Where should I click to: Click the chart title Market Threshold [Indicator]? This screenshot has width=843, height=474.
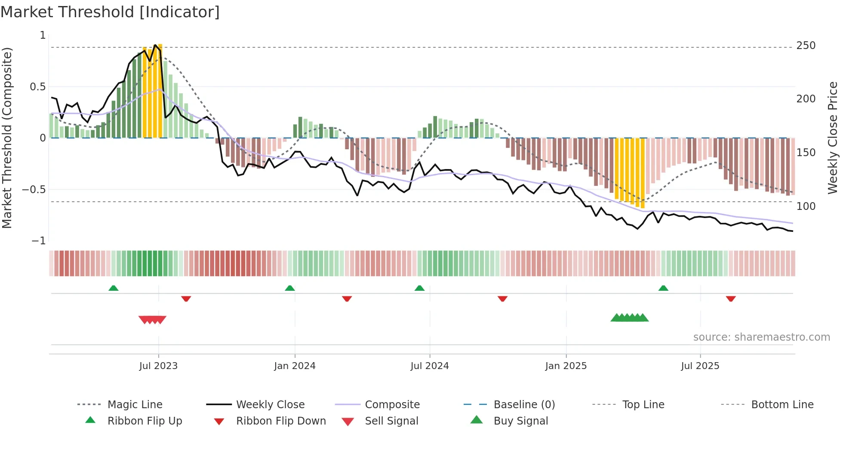coord(110,12)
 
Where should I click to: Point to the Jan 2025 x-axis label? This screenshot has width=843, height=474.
coord(566,366)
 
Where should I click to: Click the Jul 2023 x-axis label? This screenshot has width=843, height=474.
coord(158,366)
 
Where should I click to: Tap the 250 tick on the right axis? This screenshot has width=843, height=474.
coord(806,46)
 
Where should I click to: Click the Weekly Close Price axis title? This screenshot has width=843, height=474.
coord(833,138)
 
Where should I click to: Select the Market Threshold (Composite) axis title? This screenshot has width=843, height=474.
coord(7,138)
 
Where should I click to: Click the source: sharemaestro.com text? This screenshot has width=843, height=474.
coord(761,337)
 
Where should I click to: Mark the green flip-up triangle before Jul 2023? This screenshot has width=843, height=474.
coord(114,288)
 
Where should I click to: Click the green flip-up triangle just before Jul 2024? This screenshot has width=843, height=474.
coord(419,288)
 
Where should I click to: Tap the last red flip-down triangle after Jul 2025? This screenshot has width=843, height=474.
coord(731,299)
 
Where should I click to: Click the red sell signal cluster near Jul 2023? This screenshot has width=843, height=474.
coord(152,320)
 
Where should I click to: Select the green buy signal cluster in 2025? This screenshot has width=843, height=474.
coord(629,318)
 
